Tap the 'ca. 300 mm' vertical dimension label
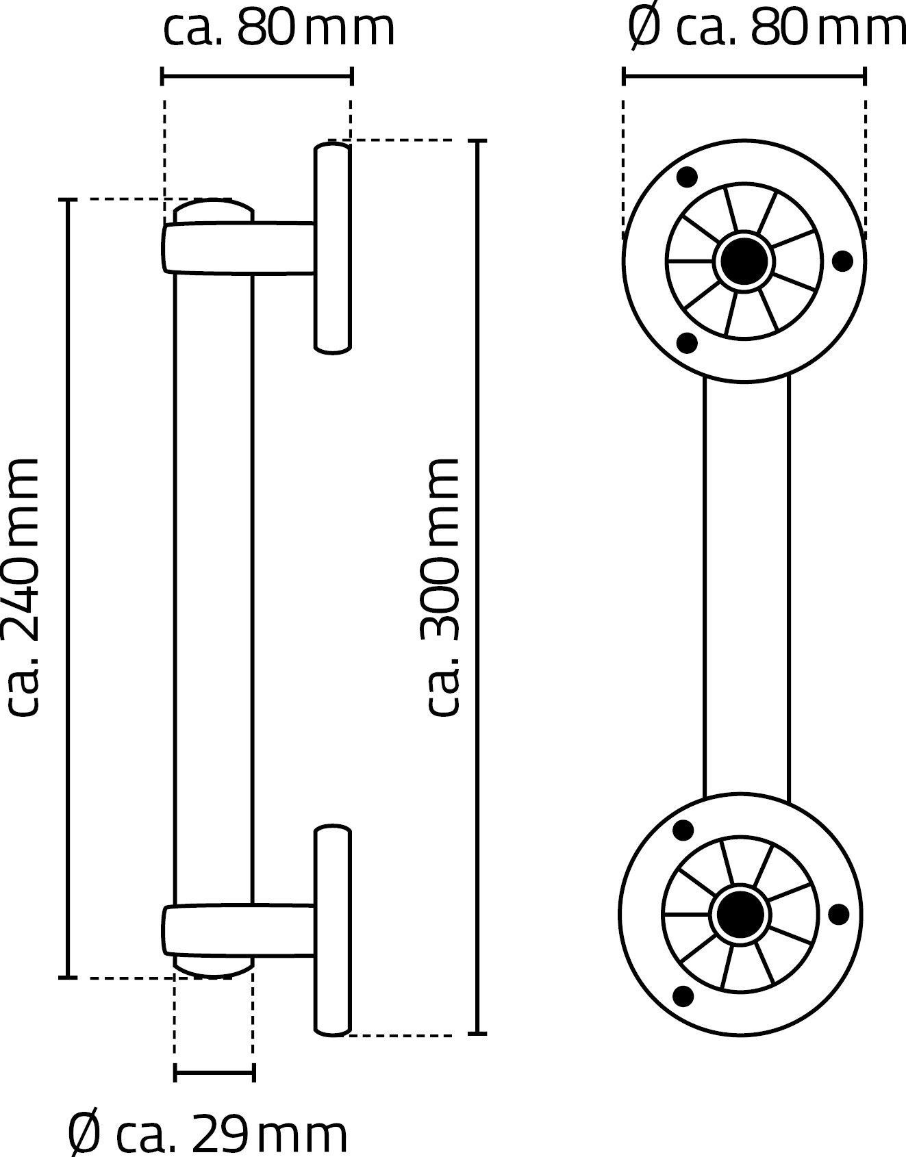[x=443, y=587]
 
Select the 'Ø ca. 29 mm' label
[x=207, y=1134]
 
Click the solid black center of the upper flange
[x=743, y=261]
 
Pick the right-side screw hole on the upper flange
[x=842, y=261]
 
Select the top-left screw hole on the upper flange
[x=687, y=177]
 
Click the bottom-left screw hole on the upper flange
[x=687, y=343]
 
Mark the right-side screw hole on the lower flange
[x=840, y=915]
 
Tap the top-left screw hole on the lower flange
[x=683, y=830]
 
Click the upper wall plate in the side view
[x=333, y=248]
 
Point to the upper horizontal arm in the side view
[x=239, y=248]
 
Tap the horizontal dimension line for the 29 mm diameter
[x=214, y=1072]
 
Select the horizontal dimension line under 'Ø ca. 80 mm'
[x=744, y=76]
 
